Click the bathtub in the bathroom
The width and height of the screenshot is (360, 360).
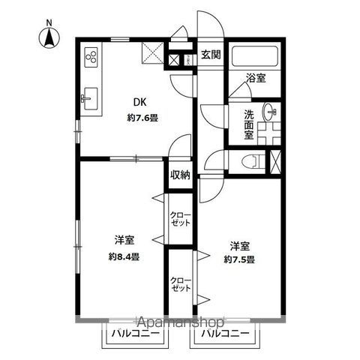[255, 55]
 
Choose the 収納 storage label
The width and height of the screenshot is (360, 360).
[180, 174]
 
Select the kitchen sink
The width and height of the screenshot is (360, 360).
[91, 98]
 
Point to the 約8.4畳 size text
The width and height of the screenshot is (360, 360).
[124, 256]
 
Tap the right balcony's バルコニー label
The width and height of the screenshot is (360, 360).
[224, 332]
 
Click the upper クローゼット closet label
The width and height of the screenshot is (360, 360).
[180, 220]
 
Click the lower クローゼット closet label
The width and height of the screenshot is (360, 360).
[180, 283]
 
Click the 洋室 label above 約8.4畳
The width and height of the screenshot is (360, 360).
[124, 240]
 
